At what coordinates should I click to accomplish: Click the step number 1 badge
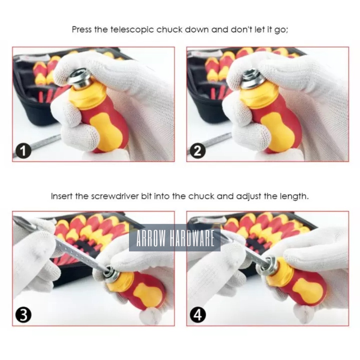[x=23, y=151]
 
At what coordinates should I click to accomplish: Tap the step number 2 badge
[x=198, y=151]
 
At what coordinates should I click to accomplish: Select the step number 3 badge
[x=23, y=315]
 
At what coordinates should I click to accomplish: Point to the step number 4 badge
[x=198, y=315]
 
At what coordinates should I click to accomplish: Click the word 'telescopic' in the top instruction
[x=132, y=30]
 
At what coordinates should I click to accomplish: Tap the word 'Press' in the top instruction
[x=82, y=30]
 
